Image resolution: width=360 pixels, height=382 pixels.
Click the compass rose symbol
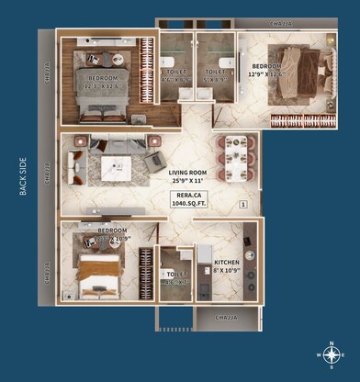pos(332,354)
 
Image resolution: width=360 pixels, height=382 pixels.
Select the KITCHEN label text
pos(227,262)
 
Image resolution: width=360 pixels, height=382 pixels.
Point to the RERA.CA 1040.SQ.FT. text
pos(191,199)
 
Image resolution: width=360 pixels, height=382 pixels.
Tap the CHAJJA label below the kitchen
pos(225,317)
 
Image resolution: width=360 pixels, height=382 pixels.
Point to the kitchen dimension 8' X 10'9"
pos(227,271)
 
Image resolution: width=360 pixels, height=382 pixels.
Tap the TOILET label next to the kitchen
pos(176,275)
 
